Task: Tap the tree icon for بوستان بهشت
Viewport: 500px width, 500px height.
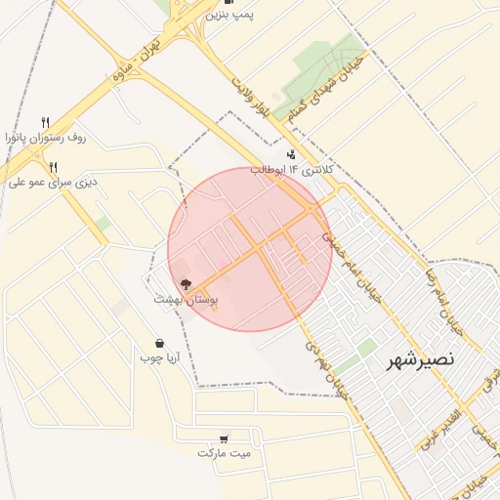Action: tap(186, 284)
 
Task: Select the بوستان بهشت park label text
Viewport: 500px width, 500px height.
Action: tap(186, 302)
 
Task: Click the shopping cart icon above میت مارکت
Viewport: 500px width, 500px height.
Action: tap(225, 438)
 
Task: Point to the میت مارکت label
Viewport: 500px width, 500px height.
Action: tap(225, 453)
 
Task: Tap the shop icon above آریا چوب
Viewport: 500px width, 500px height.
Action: tap(159, 343)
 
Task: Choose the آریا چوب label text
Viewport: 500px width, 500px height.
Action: tap(160, 358)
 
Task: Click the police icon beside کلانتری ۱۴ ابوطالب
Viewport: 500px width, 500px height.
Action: tap(291, 154)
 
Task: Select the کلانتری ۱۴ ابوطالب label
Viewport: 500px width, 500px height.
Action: tap(292, 170)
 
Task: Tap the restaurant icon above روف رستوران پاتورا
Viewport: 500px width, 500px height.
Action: tap(45, 122)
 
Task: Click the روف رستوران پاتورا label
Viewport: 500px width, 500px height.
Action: tap(45, 138)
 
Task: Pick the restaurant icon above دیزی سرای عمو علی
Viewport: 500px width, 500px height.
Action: tap(53, 166)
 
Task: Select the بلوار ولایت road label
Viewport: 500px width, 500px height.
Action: tap(248, 96)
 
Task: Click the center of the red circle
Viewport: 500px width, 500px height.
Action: tap(249, 249)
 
